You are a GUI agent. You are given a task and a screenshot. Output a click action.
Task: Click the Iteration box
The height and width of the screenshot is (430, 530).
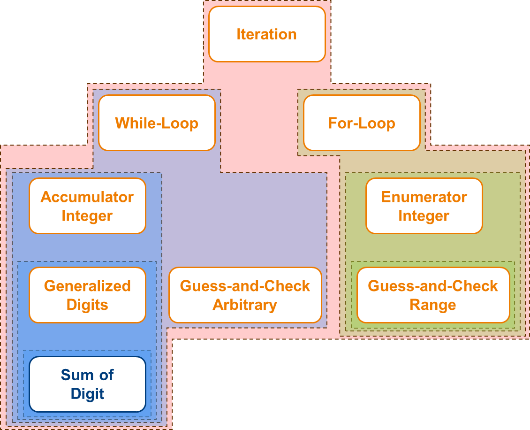point(267,34)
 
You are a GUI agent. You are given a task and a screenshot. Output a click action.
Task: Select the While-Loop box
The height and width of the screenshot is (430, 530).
point(157,123)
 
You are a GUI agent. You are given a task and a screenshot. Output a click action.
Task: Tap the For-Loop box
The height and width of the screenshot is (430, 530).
point(362,123)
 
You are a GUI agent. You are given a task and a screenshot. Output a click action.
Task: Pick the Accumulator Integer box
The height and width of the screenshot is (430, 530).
point(87,206)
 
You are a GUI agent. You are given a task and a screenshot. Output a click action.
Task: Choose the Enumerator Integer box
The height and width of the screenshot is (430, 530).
point(424,206)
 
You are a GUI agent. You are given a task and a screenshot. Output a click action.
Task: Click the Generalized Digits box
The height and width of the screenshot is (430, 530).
point(87,295)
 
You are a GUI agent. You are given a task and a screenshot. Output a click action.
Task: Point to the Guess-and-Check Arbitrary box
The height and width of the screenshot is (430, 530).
point(245,295)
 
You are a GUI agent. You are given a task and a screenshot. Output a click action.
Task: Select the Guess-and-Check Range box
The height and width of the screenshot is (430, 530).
point(433,295)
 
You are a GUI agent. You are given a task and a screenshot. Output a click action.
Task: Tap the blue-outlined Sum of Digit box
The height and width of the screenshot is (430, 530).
point(87,384)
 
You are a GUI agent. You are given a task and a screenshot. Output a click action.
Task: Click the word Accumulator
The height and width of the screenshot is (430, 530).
point(87,197)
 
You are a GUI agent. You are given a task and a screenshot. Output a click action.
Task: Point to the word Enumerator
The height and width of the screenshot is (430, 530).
point(424,197)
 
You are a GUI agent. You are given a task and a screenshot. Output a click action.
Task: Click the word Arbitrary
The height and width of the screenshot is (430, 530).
point(245,305)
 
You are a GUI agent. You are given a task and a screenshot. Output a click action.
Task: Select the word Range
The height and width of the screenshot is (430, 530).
point(433,305)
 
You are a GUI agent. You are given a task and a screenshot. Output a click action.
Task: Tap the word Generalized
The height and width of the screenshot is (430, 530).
point(87,286)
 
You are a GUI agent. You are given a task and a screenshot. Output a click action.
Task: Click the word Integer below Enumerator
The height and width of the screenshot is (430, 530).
point(424,216)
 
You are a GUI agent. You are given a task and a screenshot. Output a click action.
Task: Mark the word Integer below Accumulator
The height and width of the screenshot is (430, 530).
point(87,216)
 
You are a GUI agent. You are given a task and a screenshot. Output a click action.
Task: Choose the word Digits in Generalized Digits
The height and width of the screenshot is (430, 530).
point(87,305)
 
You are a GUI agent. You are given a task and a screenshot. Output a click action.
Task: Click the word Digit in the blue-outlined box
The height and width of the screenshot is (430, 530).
point(87,394)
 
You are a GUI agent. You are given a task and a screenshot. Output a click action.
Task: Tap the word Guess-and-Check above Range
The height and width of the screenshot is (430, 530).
point(433,286)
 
